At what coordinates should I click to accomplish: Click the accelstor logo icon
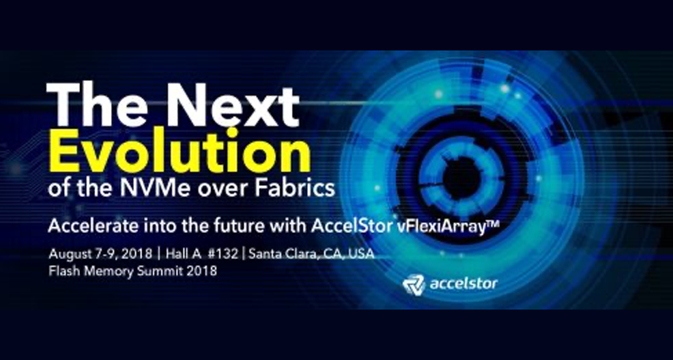tap(411, 283)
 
